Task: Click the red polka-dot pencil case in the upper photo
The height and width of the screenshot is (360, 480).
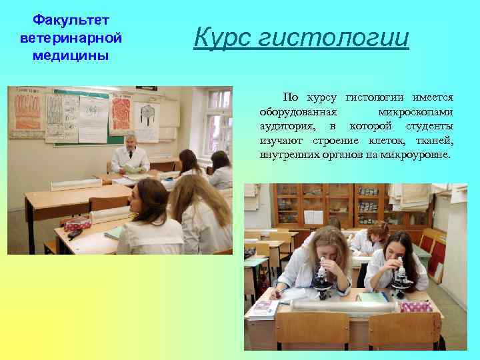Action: (x=78, y=224)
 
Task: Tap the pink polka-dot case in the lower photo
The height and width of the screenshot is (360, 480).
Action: (x=417, y=306)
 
